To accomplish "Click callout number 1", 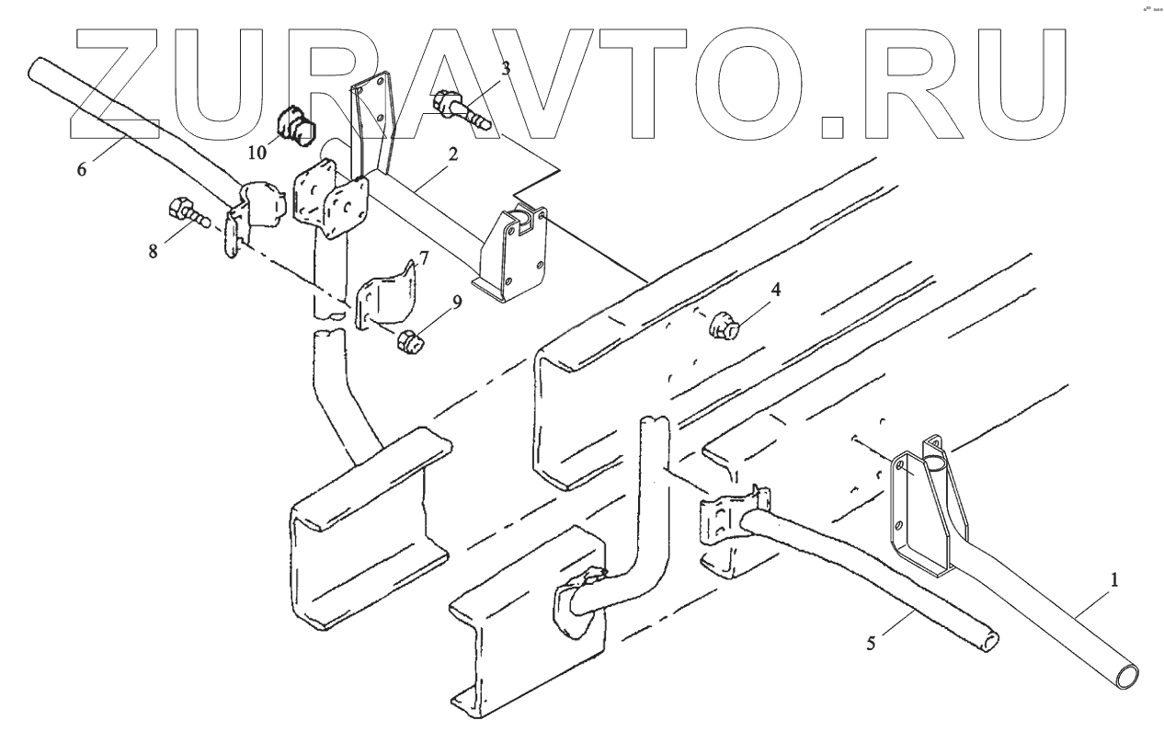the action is click(1115, 580).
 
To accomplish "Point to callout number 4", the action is click(776, 290).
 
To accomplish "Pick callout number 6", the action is click(84, 171).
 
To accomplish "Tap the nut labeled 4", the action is click(726, 326).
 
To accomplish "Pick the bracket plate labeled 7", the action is click(385, 294).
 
